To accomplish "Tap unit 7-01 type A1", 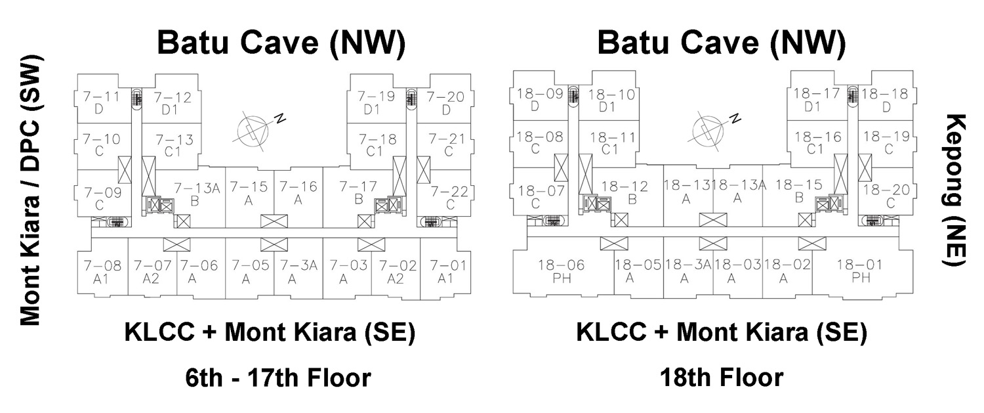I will [445, 272].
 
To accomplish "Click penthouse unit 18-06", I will [561, 272].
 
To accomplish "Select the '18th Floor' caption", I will [722, 378].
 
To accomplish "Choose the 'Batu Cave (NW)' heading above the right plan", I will [721, 43].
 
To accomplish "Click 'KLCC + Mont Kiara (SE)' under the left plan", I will [270, 333].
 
